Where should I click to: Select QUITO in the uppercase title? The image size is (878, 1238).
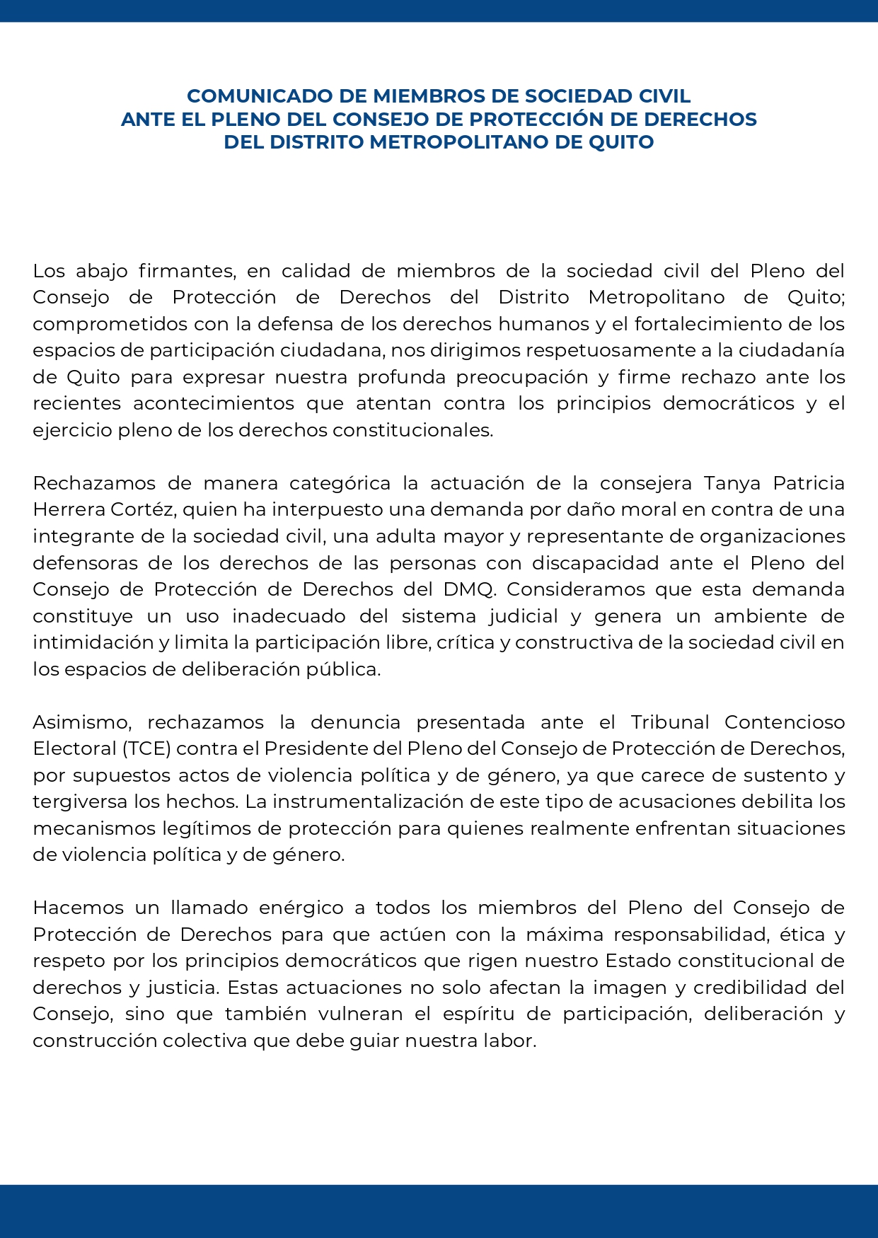pyautogui.click(x=623, y=142)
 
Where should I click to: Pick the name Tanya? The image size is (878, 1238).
pyautogui.click(x=733, y=483)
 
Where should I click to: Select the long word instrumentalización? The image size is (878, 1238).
pyautogui.click(x=380, y=802)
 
